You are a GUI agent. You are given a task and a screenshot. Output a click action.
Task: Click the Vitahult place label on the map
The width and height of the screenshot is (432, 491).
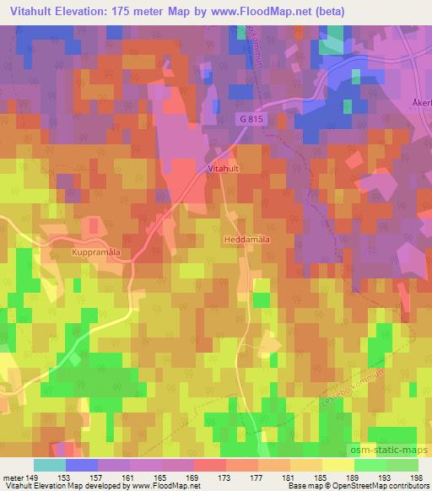[x=223, y=169]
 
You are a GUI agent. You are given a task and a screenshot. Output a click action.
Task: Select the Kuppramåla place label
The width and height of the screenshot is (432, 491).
[x=100, y=251]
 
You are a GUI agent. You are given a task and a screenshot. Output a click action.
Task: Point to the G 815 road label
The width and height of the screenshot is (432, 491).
[x=250, y=121]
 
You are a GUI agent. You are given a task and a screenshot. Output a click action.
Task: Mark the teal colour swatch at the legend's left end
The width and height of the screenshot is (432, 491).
[x=50, y=465]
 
